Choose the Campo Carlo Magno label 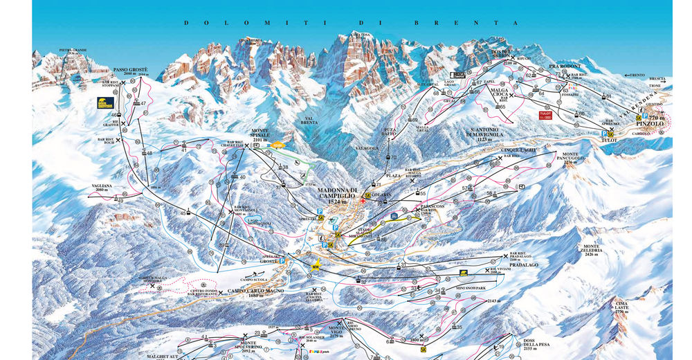point(255,291)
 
